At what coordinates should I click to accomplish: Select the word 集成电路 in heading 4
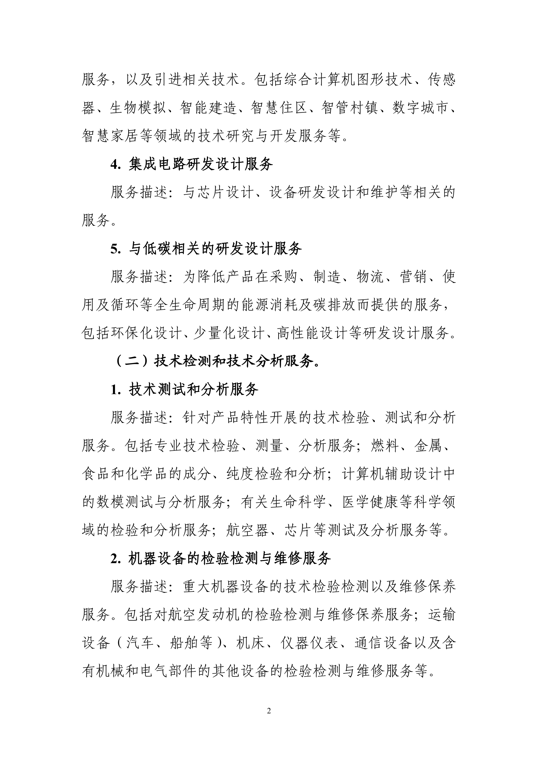point(157,165)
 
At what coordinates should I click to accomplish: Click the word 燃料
point(385,446)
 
